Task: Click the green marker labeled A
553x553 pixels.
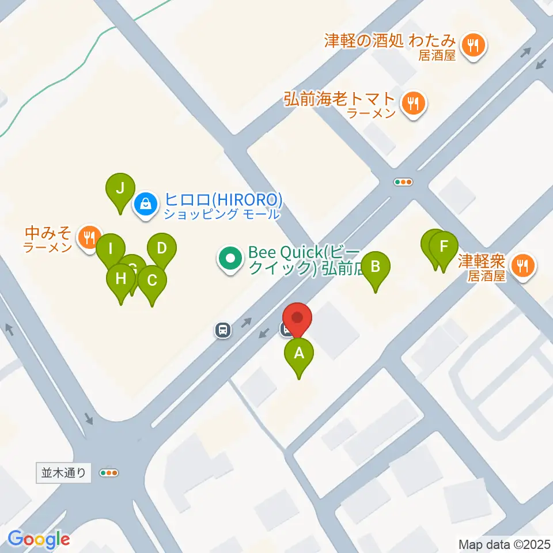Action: coord(298,354)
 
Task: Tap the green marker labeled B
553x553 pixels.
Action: coord(376,267)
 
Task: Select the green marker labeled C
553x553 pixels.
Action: coord(152,281)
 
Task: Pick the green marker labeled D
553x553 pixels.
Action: coord(162,249)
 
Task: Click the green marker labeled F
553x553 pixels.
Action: coord(444,247)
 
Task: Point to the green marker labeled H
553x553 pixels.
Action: coord(121,279)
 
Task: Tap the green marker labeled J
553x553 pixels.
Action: coord(120,188)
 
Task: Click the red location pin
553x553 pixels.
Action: coord(297,319)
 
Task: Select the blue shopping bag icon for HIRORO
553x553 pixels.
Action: coord(146,204)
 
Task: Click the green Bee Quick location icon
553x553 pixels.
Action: coord(230,259)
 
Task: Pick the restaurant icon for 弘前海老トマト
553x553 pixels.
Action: coord(413,104)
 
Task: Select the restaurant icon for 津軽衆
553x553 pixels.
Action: coord(523,266)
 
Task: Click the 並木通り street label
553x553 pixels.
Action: coord(64,474)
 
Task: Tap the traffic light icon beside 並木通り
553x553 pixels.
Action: coord(109,473)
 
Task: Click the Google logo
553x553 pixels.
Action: coord(39,539)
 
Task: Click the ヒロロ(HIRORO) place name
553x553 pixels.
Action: coord(224,200)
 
